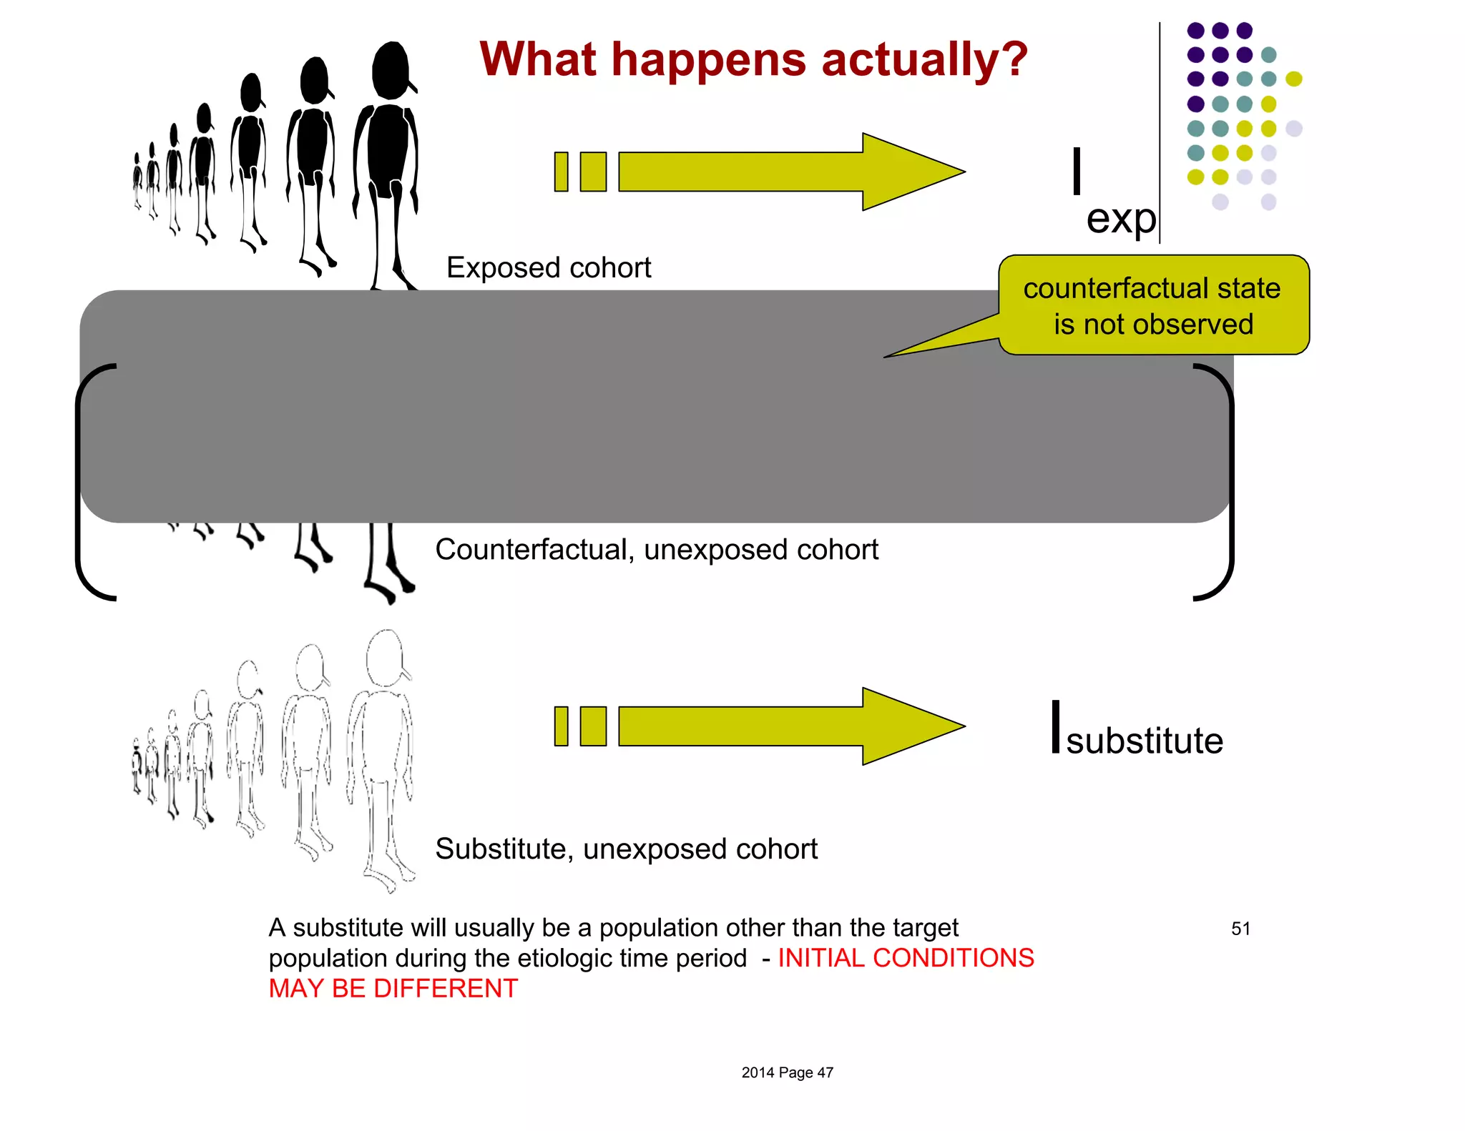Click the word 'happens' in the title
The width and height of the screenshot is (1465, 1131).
tap(710, 60)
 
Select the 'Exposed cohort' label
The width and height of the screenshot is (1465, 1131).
tap(549, 268)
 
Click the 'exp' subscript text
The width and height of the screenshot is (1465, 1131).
tap(1121, 219)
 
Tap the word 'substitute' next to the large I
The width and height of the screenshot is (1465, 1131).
tap(1145, 741)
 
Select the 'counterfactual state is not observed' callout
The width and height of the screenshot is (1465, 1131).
tap(1153, 306)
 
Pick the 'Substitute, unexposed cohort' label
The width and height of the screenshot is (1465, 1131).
tap(626, 849)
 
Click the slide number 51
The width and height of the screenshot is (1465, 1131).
tap(1241, 929)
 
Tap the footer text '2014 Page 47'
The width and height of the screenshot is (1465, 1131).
tap(787, 1072)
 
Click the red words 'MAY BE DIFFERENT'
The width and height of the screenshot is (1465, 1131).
tap(393, 989)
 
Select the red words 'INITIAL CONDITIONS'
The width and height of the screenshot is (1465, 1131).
tap(906, 958)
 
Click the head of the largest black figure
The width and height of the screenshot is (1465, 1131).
tap(391, 70)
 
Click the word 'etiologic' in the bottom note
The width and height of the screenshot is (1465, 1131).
tap(560, 958)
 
